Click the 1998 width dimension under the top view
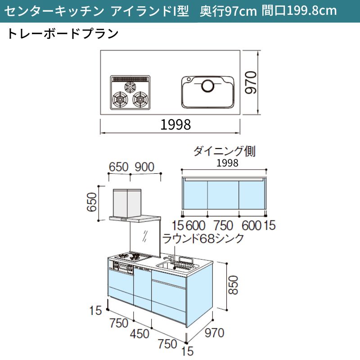click(175, 125)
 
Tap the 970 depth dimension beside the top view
click(251, 82)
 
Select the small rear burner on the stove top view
click(130, 87)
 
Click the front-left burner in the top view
click(120, 99)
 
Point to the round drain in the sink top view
click(208, 85)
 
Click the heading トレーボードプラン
click(63, 34)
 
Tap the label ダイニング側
click(224, 152)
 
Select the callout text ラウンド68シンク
click(203, 238)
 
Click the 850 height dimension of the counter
click(233, 285)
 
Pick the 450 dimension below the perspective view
click(140, 333)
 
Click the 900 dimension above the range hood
click(144, 167)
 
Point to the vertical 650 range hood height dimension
click(92, 202)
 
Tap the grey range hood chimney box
click(127, 203)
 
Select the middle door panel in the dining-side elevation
click(223, 195)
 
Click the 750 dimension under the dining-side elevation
click(223, 225)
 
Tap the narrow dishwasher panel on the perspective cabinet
click(142, 289)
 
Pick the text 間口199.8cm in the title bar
click(299, 10)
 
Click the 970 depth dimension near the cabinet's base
click(215, 333)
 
